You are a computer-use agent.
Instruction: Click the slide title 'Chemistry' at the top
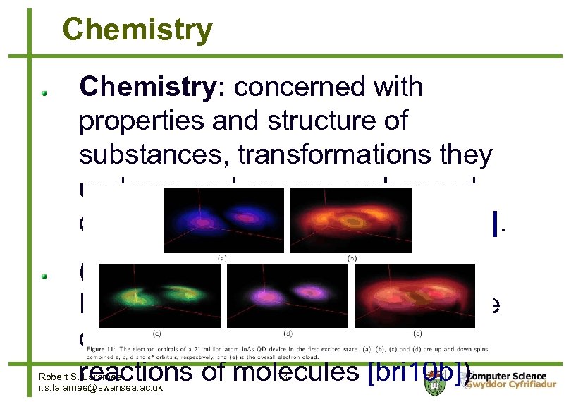pyautogui.click(x=137, y=30)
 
